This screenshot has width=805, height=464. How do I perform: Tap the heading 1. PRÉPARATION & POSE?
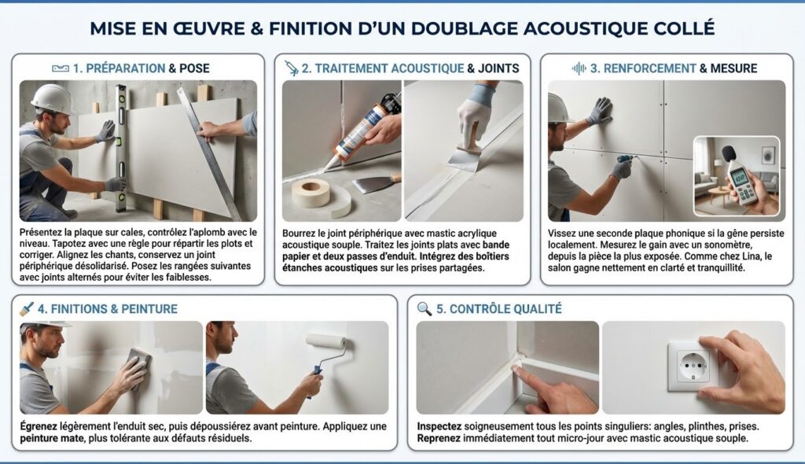(142, 68)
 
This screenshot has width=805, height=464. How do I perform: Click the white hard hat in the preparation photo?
(52, 98)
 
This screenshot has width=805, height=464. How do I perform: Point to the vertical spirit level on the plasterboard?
(121, 148)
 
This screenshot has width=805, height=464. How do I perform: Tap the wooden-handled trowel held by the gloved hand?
(468, 149)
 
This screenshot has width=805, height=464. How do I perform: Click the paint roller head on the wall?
(326, 341)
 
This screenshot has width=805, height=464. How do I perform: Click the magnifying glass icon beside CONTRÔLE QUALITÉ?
(424, 308)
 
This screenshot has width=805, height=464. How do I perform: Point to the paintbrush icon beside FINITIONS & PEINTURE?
(26, 308)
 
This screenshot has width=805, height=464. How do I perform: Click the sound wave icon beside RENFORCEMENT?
(579, 68)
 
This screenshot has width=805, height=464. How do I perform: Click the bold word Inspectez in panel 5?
(439, 426)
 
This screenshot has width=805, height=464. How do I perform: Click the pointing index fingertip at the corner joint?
(516, 368)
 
